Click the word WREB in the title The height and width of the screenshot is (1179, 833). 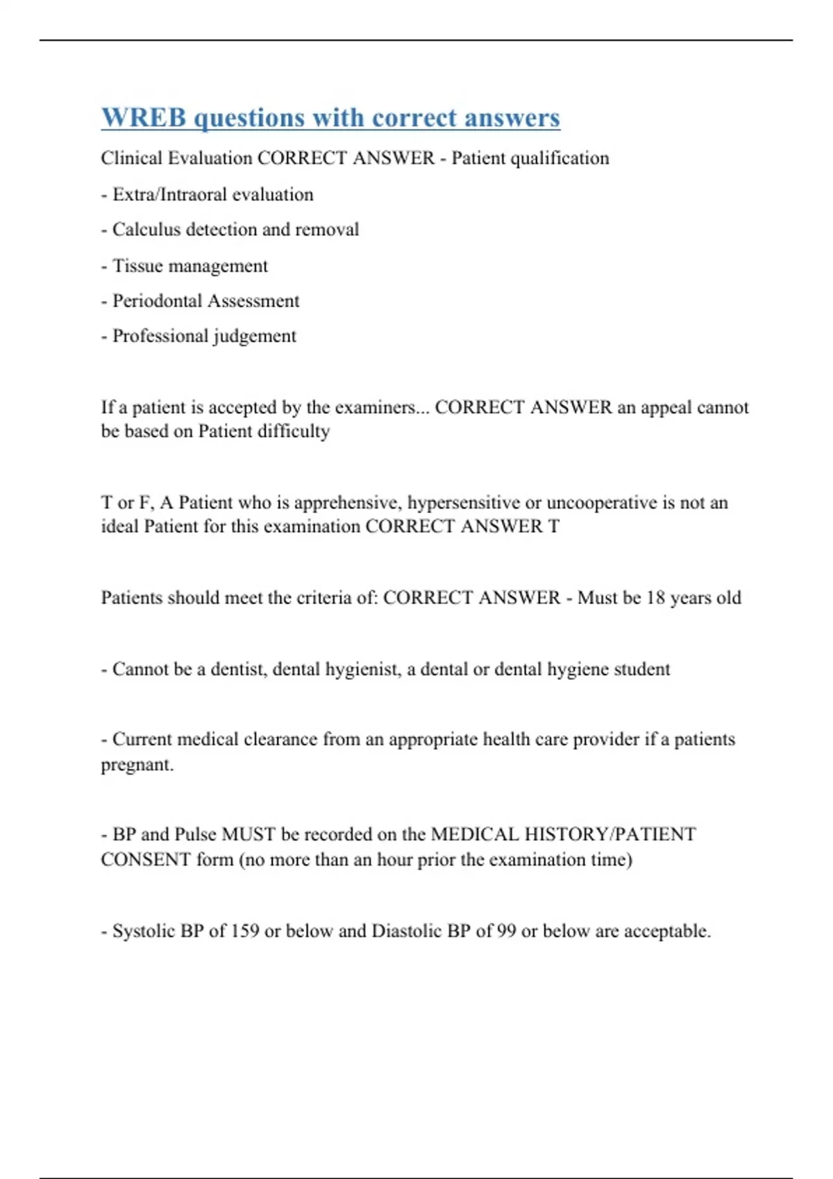(144, 118)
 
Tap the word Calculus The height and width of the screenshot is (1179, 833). (144, 230)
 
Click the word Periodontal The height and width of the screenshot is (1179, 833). (157, 301)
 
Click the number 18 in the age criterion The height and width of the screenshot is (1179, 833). (655, 598)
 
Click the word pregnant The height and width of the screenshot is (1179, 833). (137, 765)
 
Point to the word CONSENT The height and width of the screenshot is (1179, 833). (145, 860)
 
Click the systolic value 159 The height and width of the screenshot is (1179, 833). (245, 931)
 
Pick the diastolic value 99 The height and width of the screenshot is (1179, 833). (506, 931)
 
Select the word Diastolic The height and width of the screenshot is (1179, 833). (406, 931)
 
